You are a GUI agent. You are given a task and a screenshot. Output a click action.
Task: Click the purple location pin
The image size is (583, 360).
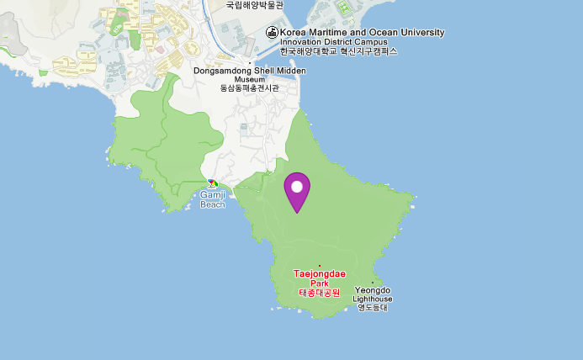pyautogui.click(x=297, y=190)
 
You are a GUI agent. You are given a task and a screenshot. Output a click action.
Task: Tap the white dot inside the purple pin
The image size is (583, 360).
pyautogui.click(x=297, y=185)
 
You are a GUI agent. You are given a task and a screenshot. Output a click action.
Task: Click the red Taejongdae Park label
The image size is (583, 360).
pyautogui.click(x=319, y=274)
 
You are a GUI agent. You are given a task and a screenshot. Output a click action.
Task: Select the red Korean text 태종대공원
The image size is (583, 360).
pyautogui.click(x=319, y=293)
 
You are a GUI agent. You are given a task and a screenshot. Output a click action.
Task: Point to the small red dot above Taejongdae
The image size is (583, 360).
pyautogui.click(x=319, y=266)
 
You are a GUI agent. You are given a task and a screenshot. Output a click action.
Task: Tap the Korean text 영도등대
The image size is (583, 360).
pyautogui.click(x=373, y=308)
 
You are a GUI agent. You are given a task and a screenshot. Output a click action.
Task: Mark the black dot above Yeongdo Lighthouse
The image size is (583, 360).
pyautogui.click(x=373, y=282)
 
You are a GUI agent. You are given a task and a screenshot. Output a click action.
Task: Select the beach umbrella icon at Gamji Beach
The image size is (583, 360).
pyautogui.click(x=213, y=183)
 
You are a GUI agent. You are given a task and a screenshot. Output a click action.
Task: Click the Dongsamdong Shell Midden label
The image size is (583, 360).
pyautogui.click(x=250, y=71)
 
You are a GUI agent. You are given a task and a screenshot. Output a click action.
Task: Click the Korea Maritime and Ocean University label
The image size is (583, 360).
pyautogui.click(x=363, y=33)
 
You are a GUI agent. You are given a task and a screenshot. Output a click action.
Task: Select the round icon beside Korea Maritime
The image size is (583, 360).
pyautogui.click(x=272, y=33)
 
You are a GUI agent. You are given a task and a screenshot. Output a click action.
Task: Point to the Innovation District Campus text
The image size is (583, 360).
pyautogui.click(x=334, y=42)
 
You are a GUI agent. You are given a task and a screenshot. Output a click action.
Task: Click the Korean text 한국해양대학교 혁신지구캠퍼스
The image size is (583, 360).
pyautogui.click(x=339, y=51)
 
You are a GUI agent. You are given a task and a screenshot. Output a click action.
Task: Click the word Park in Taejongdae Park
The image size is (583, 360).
pyautogui.click(x=319, y=283)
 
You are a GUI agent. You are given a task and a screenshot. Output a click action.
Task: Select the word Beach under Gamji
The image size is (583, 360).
pyautogui.click(x=213, y=204)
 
